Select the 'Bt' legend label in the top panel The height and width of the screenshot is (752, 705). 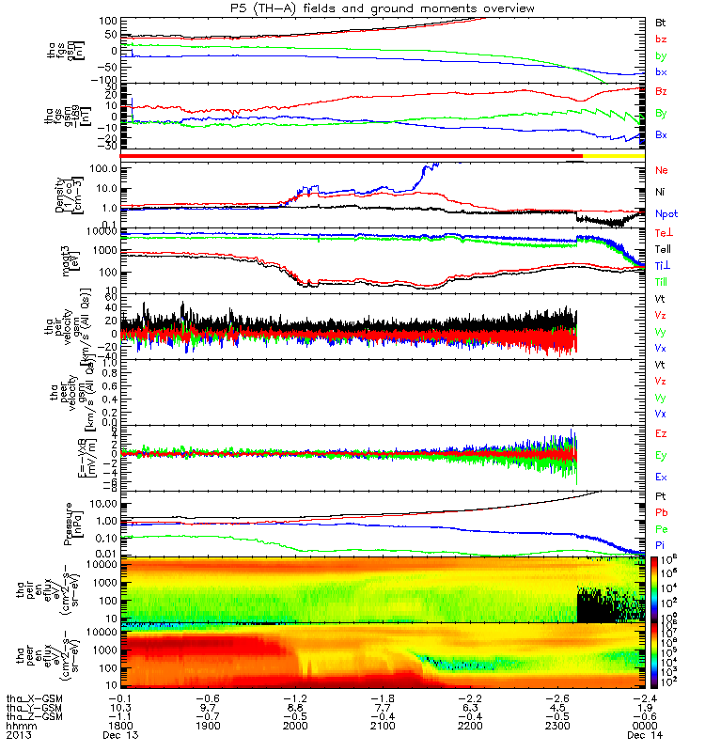click(662, 21)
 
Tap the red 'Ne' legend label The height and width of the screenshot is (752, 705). click(662, 171)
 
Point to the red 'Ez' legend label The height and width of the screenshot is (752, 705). click(662, 433)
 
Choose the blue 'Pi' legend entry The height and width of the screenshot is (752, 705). click(662, 546)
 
